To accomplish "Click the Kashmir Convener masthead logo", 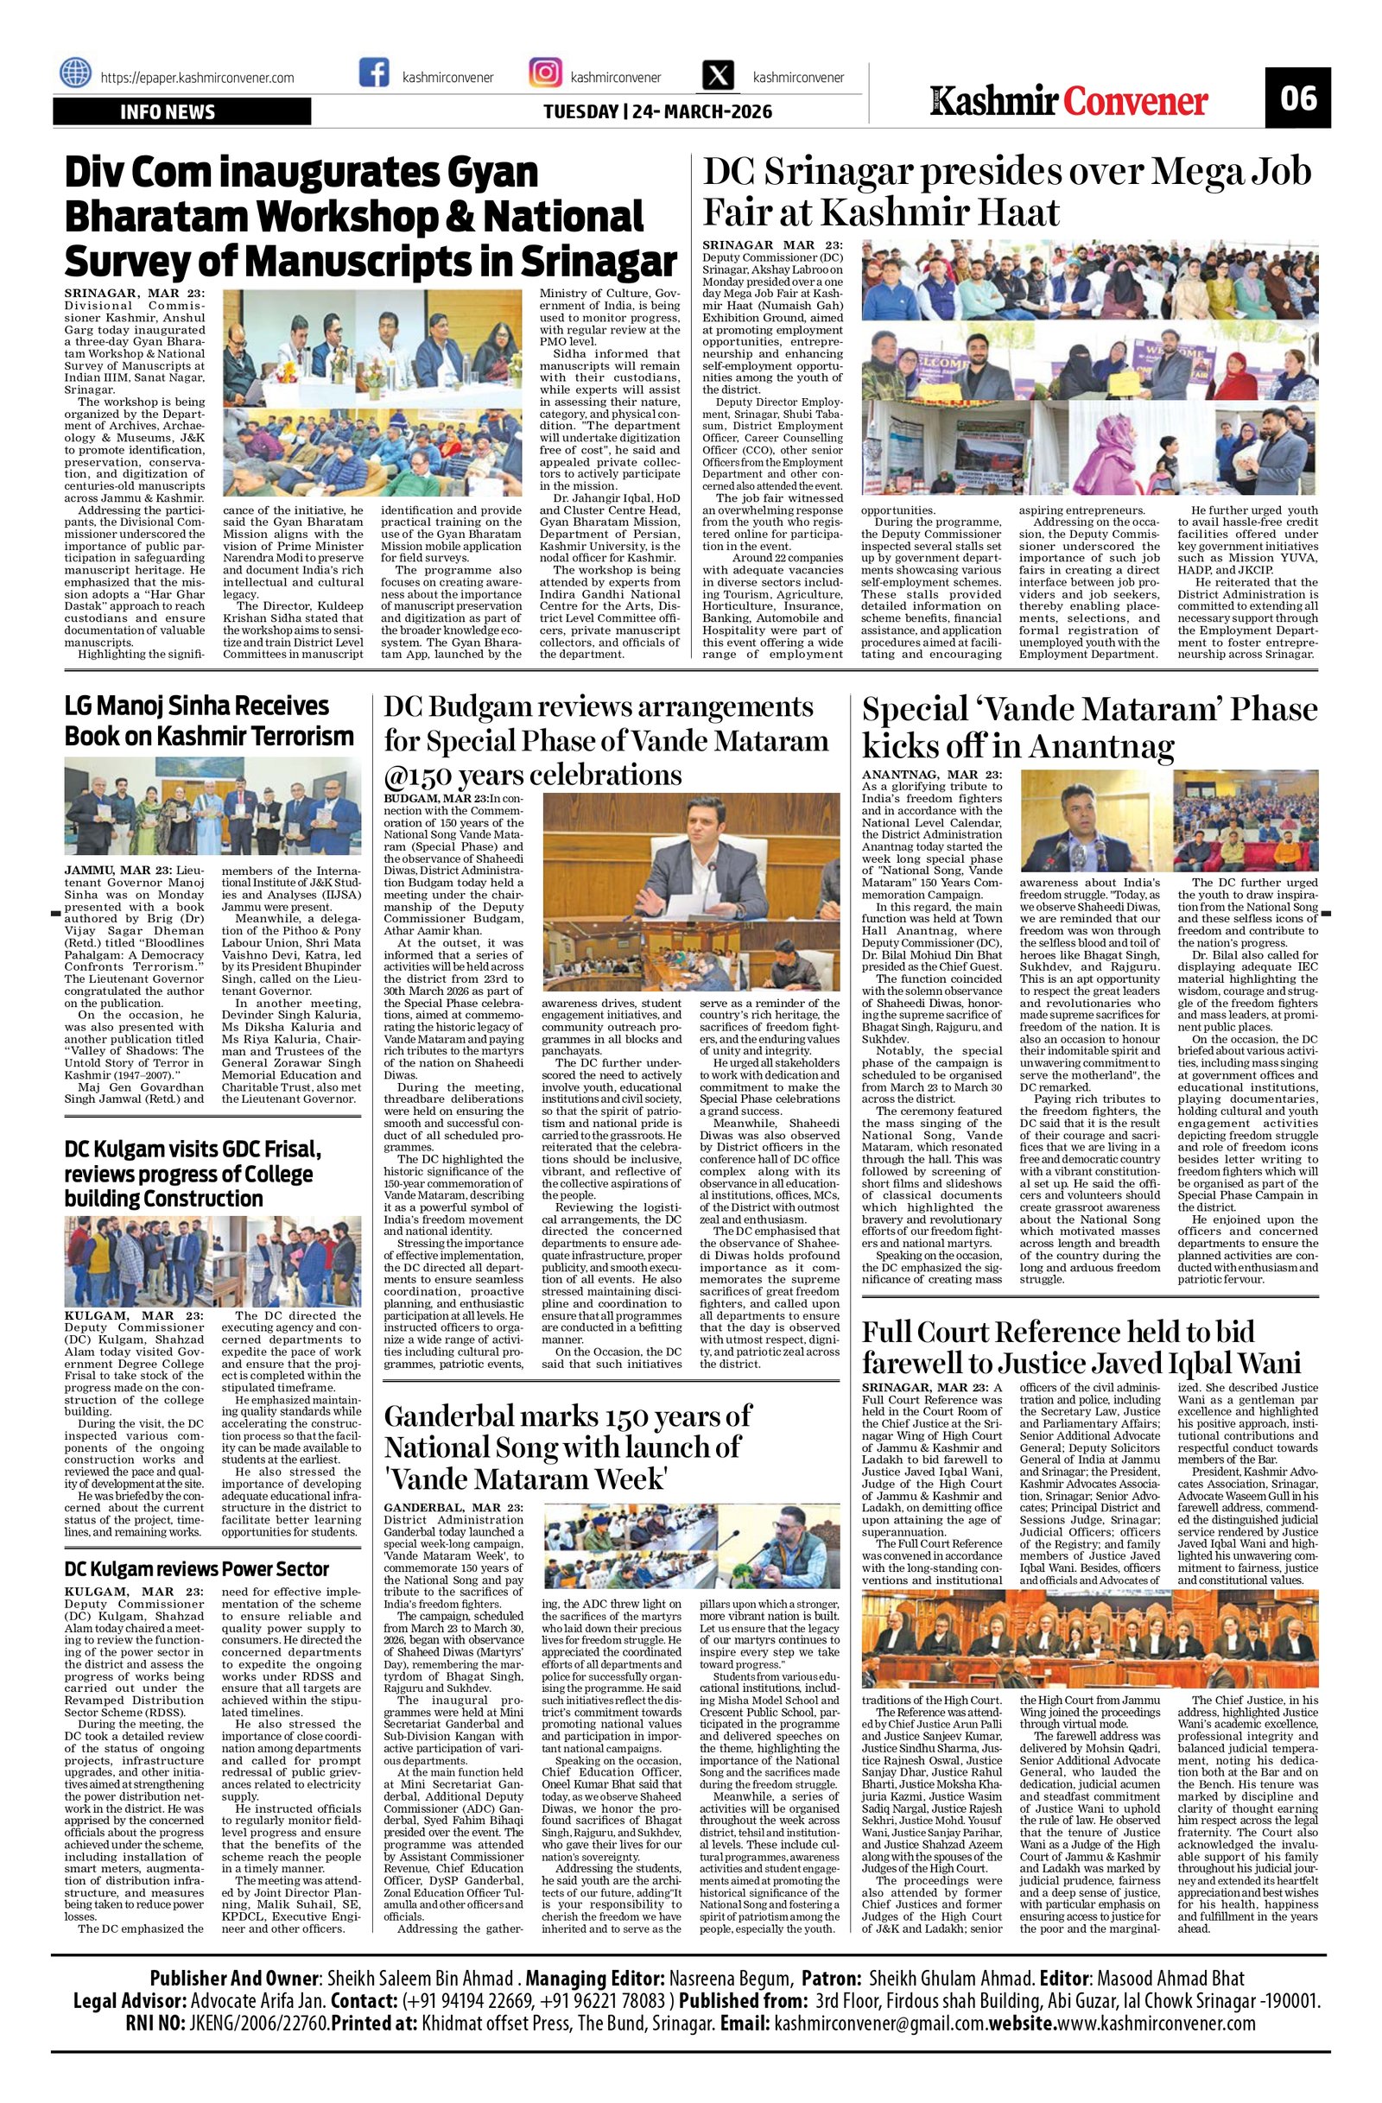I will click(x=1070, y=102).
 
